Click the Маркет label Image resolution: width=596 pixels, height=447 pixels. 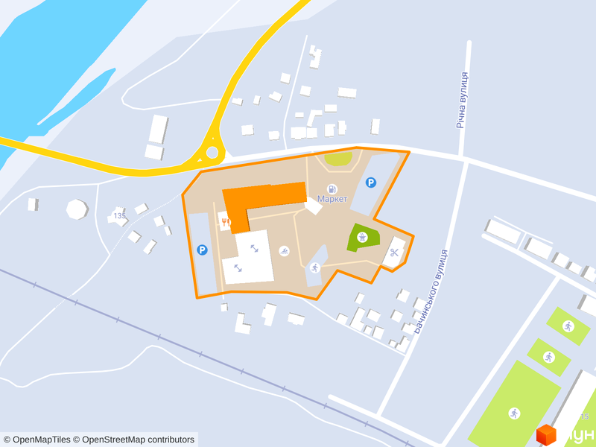tap(332, 199)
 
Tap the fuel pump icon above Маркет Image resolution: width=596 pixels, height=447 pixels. tap(332, 189)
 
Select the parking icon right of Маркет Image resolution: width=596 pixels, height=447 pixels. tap(371, 182)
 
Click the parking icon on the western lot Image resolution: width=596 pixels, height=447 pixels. tap(202, 250)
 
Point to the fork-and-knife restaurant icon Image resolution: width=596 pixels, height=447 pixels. tap(224, 222)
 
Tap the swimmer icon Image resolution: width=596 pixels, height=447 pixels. tap(283, 250)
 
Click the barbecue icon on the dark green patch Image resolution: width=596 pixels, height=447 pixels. tap(362, 238)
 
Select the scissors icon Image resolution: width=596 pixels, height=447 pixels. tap(394, 253)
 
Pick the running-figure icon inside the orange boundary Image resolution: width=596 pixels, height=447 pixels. tap(314, 267)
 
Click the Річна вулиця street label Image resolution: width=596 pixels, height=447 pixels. tap(463, 100)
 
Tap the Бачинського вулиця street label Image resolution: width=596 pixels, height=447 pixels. tap(430, 291)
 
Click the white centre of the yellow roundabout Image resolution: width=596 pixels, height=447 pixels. tap(212, 153)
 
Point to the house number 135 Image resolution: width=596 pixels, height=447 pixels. tap(119, 216)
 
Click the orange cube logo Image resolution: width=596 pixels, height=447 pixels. tap(546, 434)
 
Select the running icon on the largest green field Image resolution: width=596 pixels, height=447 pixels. tap(514, 413)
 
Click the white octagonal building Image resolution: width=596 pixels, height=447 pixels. tap(77, 209)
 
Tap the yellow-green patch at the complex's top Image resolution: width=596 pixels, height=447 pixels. tap(339, 158)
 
